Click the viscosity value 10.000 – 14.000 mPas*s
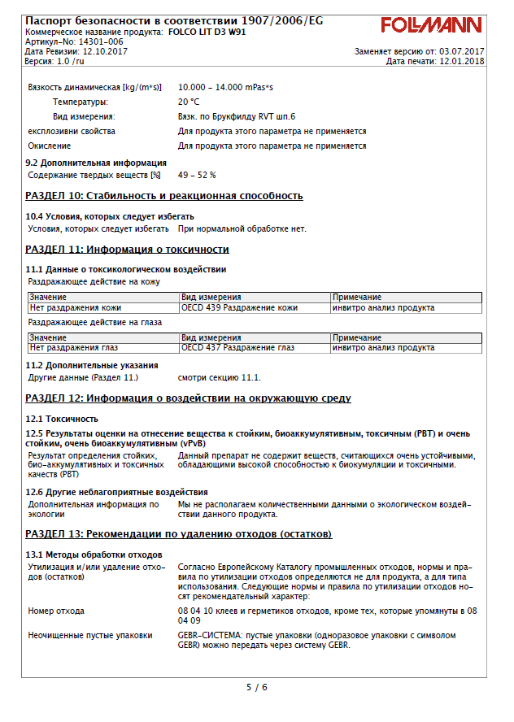[226, 87]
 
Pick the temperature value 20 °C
[189, 102]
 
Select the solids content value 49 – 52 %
[197, 175]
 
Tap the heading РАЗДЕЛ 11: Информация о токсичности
[128, 250]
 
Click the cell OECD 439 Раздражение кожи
[239, 308]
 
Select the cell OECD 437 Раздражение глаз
[237, 348]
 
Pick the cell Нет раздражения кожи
[76, 308]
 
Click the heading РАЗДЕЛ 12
[189, 398]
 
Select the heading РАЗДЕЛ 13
[179, 534]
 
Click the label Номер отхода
[56, 611]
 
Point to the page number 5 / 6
[257, 687]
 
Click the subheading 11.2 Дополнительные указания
[92, 366]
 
